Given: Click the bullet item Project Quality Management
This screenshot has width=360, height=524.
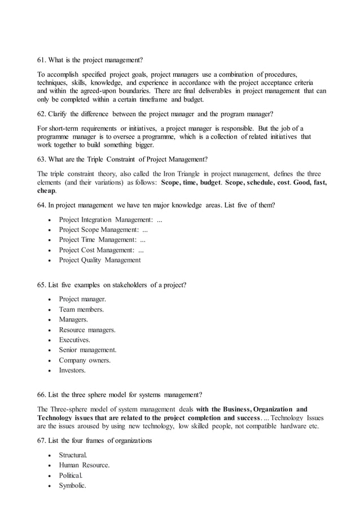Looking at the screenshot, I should [100, 260].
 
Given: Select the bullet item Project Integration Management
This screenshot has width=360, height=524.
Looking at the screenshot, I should [111, 219].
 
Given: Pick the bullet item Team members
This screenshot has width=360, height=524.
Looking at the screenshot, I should [81, 309].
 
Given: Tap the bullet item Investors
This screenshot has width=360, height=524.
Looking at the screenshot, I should [73, 370].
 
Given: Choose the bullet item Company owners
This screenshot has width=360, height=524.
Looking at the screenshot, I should [85, 360].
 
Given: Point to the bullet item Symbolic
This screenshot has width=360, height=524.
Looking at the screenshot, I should [72, 485].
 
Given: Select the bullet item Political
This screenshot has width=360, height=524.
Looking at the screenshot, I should [71, 475].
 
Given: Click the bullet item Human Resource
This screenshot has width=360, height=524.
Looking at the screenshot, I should [84, 465].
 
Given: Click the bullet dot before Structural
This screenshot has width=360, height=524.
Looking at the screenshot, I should [51, 455].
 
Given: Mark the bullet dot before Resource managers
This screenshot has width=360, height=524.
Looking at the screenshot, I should [51, 330].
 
